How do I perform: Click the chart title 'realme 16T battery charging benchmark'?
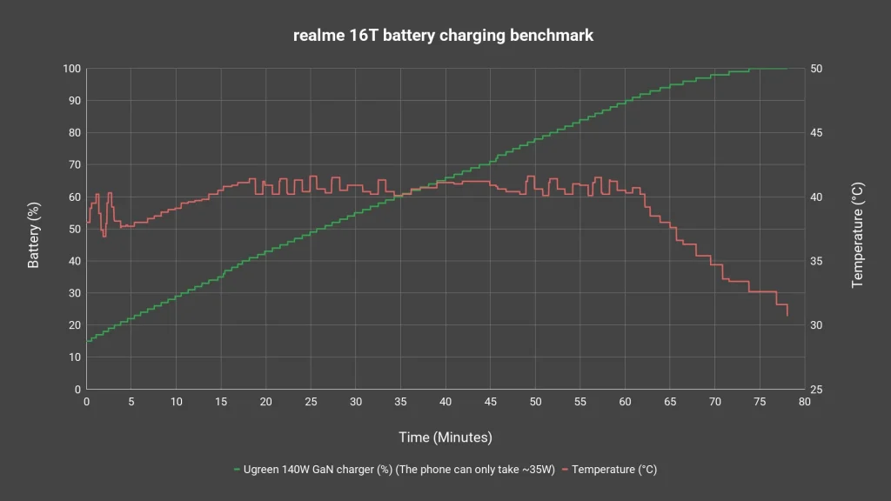[x=443, y=35]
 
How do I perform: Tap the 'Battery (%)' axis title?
[x=34, y=235]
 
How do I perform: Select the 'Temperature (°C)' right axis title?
[x=857, y=235]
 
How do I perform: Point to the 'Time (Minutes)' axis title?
[x=445, y=438]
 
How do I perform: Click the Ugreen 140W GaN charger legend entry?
[x=394, y=470]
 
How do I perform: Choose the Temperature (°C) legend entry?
[x=610, y=470]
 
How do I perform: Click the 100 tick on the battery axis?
[x=71, y=69]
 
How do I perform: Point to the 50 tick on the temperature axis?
[x=816, y=69]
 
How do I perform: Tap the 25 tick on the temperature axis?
[x=816, y=390]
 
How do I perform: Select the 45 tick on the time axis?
[x=491, y=402]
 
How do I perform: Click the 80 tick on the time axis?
[x=805, y=402]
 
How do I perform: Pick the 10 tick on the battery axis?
[x=75, y=357]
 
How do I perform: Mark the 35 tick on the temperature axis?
[x=816, y=261]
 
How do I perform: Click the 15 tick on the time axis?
[x=221, y=402]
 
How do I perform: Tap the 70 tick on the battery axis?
[x=75, y=164]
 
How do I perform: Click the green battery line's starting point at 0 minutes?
[x=87, y=341]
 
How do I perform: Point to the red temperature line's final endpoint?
[x=787, y=315]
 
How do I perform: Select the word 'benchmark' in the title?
[x=552, y=35]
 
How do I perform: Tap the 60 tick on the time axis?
[x=625, y=402]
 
